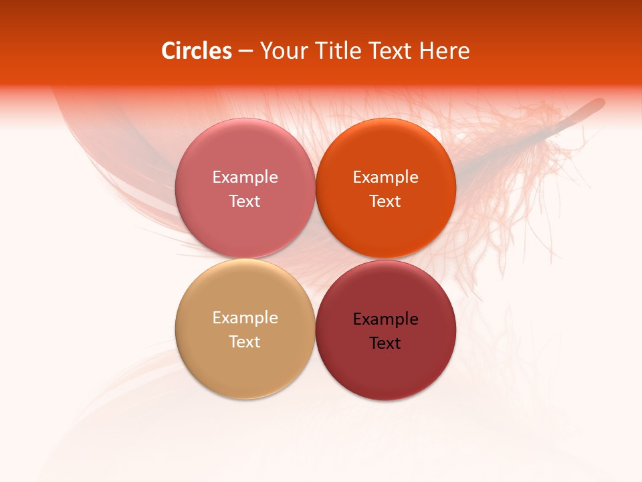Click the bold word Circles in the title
click(x=197, y=51)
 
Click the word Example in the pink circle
click(x=245, y=177)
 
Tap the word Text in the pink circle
click(x=245, y=202)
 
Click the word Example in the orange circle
click(x=385, y=177)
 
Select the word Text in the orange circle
click(x=385, y=202)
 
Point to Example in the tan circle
click(x=245, y=318)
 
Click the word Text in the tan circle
click(x=245, y=342)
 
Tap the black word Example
click(x=385, y=319)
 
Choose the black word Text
click(x=385, y=343)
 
